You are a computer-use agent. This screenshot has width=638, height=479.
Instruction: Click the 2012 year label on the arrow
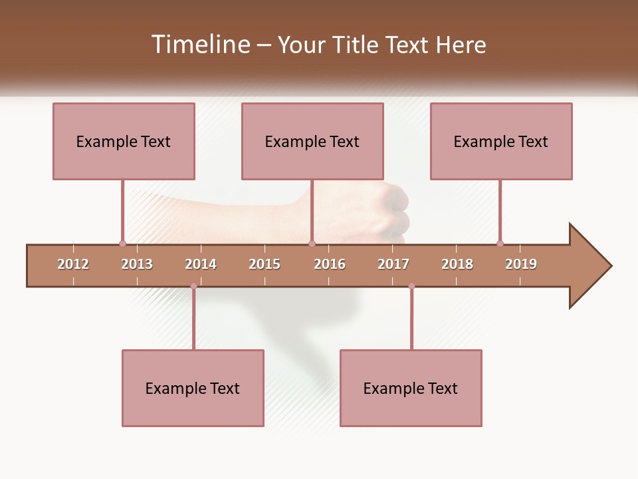(x=73, y=264)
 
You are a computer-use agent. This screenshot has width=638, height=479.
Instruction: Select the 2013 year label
(x=137, y=264)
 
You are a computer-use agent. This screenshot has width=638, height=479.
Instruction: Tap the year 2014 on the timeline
(x=201, y=264)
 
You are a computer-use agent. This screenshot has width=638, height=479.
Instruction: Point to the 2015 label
(x=265, y=264)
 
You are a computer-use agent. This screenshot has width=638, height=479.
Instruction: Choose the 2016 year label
(x=330, y=264)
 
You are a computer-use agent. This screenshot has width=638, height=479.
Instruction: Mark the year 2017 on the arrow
(x=393, y=264)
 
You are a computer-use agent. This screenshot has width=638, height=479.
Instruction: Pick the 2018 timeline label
(x=457, y=264)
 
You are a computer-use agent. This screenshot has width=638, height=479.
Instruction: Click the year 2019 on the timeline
(x=521, y=264)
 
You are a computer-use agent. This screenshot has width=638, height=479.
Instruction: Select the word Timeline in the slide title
(x=199, y=45)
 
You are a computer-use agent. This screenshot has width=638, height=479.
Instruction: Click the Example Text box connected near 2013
(x=124, y=141)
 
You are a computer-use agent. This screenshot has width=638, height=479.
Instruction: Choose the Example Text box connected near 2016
(x=312, y=141)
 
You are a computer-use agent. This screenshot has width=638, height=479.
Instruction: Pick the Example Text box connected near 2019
(x=501, y=141)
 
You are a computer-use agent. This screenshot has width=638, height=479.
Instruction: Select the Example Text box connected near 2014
(x=193, y=388)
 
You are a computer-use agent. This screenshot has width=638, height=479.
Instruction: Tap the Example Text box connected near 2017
(x=411, y=388)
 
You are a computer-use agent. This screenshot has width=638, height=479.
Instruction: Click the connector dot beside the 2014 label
(x=193, y=286)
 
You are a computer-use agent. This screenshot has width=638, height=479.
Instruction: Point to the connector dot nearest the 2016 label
(x=312, y=243)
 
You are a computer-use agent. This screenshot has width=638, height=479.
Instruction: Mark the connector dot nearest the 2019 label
(x=500, y=243)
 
